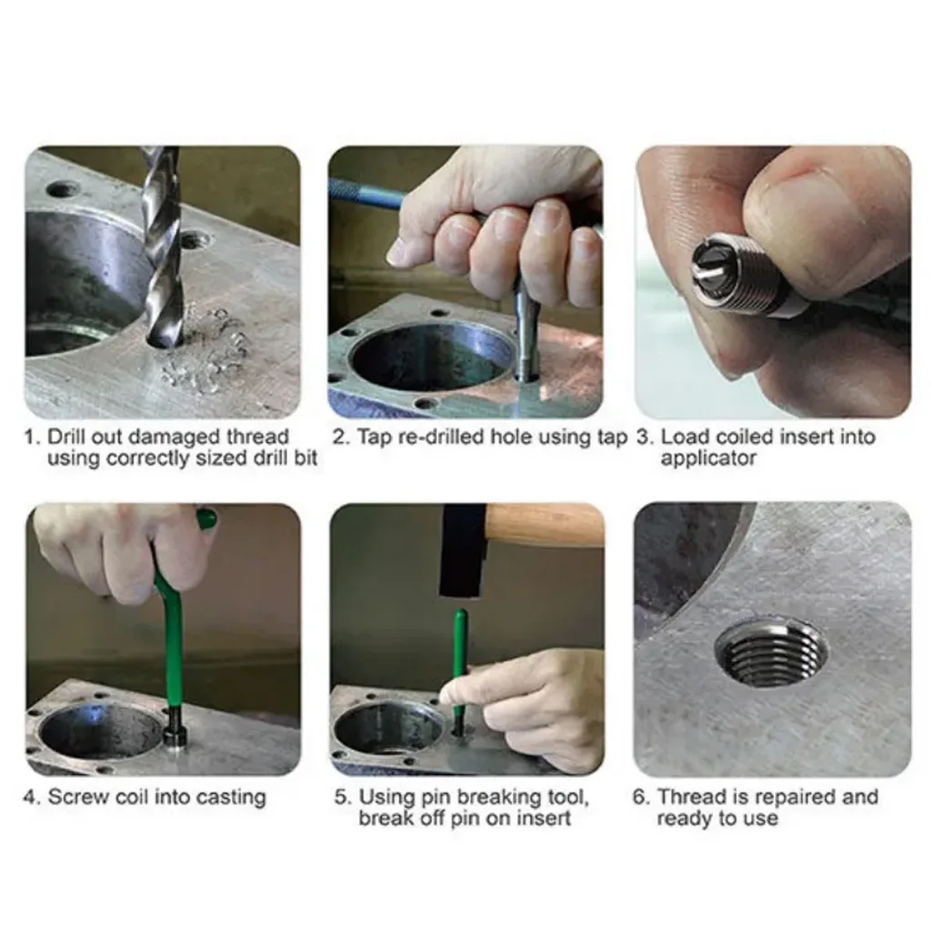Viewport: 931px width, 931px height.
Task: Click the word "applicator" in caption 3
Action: tap(708, 459)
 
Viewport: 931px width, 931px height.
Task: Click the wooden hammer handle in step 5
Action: tap(546, 523)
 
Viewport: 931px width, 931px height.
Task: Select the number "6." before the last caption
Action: tap(641, 796)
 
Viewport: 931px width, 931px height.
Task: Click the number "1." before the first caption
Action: tap(33, 437)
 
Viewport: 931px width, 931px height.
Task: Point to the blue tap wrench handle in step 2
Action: tap(367, 192)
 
